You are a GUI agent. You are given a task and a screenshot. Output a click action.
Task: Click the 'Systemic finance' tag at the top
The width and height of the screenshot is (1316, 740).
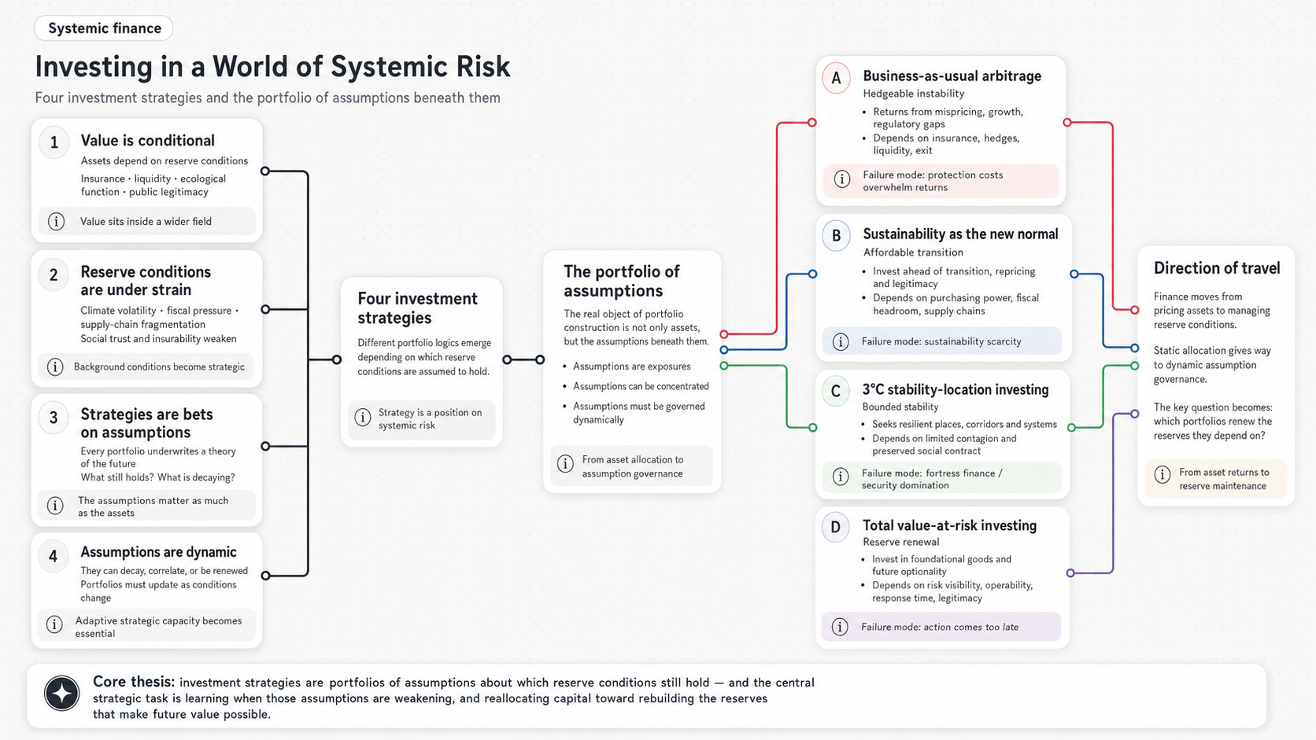point(103,28)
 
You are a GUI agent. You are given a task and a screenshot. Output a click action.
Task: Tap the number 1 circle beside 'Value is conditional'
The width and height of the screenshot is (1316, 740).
point(54,142)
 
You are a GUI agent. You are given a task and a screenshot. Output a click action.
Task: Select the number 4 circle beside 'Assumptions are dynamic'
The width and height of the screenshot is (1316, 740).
point(54,556)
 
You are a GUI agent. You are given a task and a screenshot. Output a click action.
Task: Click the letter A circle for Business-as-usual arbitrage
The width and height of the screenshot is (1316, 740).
point(836,78)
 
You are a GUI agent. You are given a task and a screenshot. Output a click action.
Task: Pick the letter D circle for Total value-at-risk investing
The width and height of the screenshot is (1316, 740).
point(835,527)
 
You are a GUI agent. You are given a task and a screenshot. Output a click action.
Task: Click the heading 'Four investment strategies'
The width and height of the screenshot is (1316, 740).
point(417,308)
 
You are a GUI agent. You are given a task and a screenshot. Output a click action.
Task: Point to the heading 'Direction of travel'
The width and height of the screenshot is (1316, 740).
point(1217,268)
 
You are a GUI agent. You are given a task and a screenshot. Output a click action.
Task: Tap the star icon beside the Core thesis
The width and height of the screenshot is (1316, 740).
point(61,693)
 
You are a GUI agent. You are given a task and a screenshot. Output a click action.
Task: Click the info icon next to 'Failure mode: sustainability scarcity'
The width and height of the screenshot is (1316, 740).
point(841,341)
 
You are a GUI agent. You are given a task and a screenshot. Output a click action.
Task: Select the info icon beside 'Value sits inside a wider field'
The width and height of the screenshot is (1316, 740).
point(56,221)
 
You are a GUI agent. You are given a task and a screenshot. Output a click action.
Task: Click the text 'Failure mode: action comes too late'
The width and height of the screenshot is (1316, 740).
point(940,627)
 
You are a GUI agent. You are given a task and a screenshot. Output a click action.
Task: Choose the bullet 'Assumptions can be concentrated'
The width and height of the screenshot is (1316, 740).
point(641,386)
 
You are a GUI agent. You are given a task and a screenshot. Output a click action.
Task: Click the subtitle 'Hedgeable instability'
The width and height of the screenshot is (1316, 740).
point(914,94)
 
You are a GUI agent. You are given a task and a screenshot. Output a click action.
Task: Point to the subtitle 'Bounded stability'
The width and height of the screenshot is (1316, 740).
point(900,407)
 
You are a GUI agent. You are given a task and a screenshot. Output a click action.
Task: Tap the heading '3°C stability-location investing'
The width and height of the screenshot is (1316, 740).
point(956,389)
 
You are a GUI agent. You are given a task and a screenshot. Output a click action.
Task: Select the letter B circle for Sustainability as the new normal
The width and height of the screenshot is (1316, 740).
point(836,236)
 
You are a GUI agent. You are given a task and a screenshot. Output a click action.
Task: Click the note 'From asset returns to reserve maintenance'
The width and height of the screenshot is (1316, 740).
point(1224,479)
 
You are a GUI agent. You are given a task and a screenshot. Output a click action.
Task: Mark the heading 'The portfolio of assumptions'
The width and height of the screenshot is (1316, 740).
point(622,281)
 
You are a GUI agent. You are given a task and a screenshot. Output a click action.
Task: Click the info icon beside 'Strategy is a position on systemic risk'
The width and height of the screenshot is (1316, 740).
point(363,418)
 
